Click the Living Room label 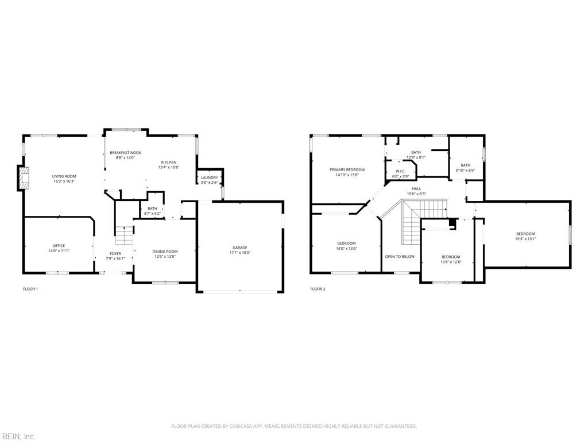(64, 176)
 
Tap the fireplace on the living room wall (22, 178)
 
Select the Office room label (59, 246)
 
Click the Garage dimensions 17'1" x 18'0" (239, 253)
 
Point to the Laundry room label (209, 177)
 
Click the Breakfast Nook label (125, 153)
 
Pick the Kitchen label (168, 162)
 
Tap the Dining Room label (165, 252)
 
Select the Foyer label (115, 253)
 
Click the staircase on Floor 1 (124, 235)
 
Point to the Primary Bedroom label (347, 170)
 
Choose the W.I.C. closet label (400, 171)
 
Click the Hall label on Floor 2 (416, 188)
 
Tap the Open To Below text (400, 257)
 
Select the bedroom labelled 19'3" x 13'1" (525, 234)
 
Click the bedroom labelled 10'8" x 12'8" (451, 257)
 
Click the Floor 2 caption (318, 289)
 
